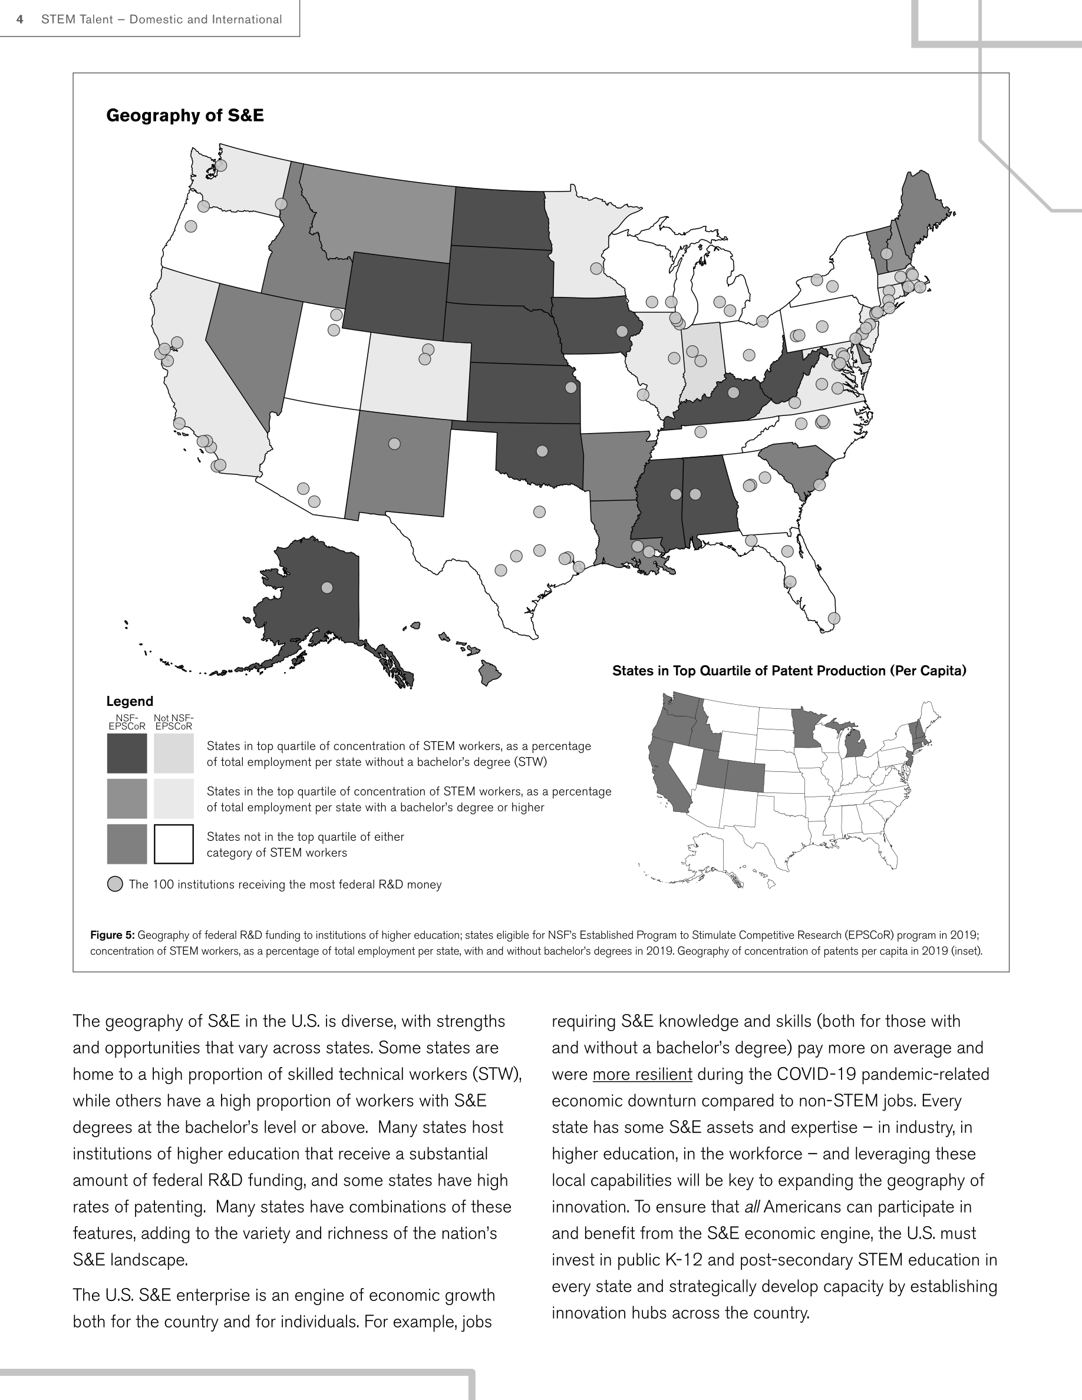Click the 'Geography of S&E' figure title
coord(184,115)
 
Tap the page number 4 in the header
coord(21,19)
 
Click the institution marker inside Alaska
coord(327,587)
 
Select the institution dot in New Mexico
coord(395,444)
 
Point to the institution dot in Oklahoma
coord(542,451)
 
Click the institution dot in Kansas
coord(571,387)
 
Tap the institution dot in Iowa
coord(622,331)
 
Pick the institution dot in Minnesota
coord(596,268)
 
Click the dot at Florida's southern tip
coord(834,618)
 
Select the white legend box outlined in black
coord(174,844)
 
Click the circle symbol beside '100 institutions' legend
coord(115,884)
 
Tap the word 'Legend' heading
coord(130,701)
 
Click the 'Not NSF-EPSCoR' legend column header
coord(174,722)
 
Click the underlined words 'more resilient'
coord(642,1074)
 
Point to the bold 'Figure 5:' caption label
coord(112,935)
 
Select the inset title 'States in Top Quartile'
coord(789,671)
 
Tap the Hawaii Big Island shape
coord(491,673)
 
